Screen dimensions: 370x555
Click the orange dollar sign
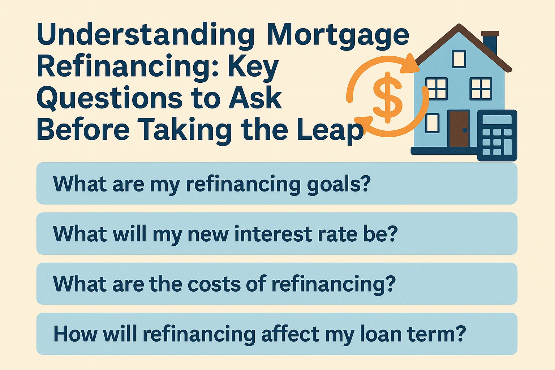point(388,97)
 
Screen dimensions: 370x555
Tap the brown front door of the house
point(459,129)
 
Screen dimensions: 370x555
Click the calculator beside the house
point(497,135)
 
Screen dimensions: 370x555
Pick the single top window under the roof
point(459,59)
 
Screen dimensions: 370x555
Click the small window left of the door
point(432,123)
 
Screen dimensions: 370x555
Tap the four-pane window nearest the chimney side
point(481,89)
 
